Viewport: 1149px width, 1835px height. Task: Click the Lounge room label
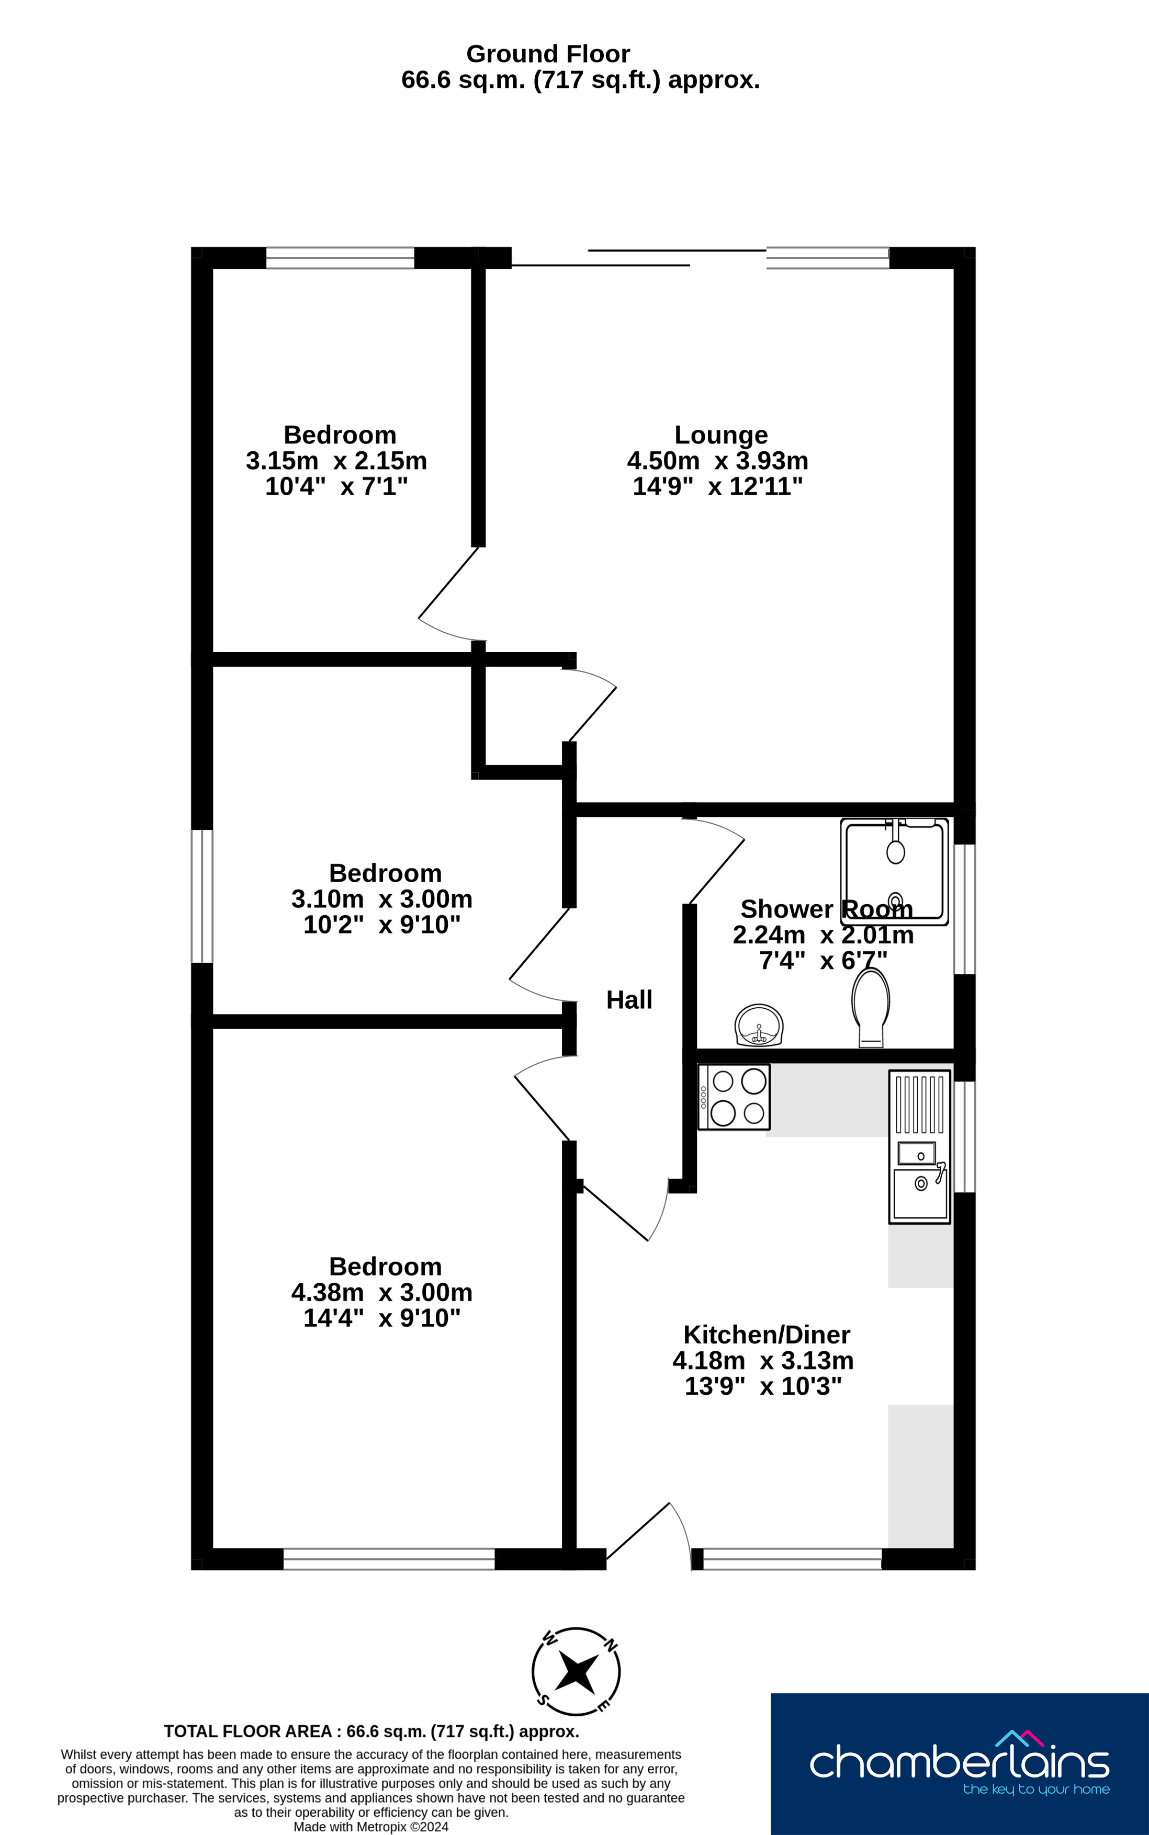tap(721, 435)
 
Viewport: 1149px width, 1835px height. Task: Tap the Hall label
tap(629, 999)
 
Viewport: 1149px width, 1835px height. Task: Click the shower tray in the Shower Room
tap(894, 871)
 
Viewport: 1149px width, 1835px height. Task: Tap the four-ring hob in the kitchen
tap(734, 1097)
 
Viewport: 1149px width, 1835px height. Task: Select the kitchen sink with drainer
tap(919, 1147)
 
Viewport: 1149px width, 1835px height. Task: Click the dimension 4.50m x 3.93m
tap(717, 460)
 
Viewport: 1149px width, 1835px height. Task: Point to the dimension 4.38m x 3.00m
tap(381, 1292)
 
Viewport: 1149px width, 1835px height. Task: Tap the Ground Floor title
tap(548, 54)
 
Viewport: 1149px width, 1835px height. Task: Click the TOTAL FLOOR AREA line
tap(371, 1731)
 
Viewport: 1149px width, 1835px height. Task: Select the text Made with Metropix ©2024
tap(371, 1827)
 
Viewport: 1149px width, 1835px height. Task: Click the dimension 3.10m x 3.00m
tap(381, 898)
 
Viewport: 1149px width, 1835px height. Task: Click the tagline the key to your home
tap(1037, 1790)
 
